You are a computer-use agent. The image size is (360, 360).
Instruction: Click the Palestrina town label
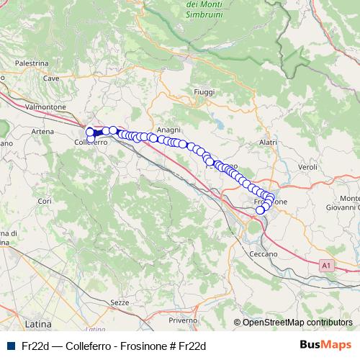30,63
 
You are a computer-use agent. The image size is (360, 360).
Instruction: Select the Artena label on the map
42,132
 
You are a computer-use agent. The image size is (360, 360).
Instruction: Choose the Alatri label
267,143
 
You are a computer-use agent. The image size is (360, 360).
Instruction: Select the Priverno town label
183,319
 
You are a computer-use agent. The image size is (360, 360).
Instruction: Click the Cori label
44,200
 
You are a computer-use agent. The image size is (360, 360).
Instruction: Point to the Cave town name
50,78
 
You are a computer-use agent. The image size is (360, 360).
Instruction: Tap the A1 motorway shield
327,266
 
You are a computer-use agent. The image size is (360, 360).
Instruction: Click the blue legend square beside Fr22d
11,346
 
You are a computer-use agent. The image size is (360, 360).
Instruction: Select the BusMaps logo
327,345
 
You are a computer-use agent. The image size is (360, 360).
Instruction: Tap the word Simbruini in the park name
203,14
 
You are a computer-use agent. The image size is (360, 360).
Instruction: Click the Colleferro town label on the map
91,143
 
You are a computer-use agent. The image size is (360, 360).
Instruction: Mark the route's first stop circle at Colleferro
90,132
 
